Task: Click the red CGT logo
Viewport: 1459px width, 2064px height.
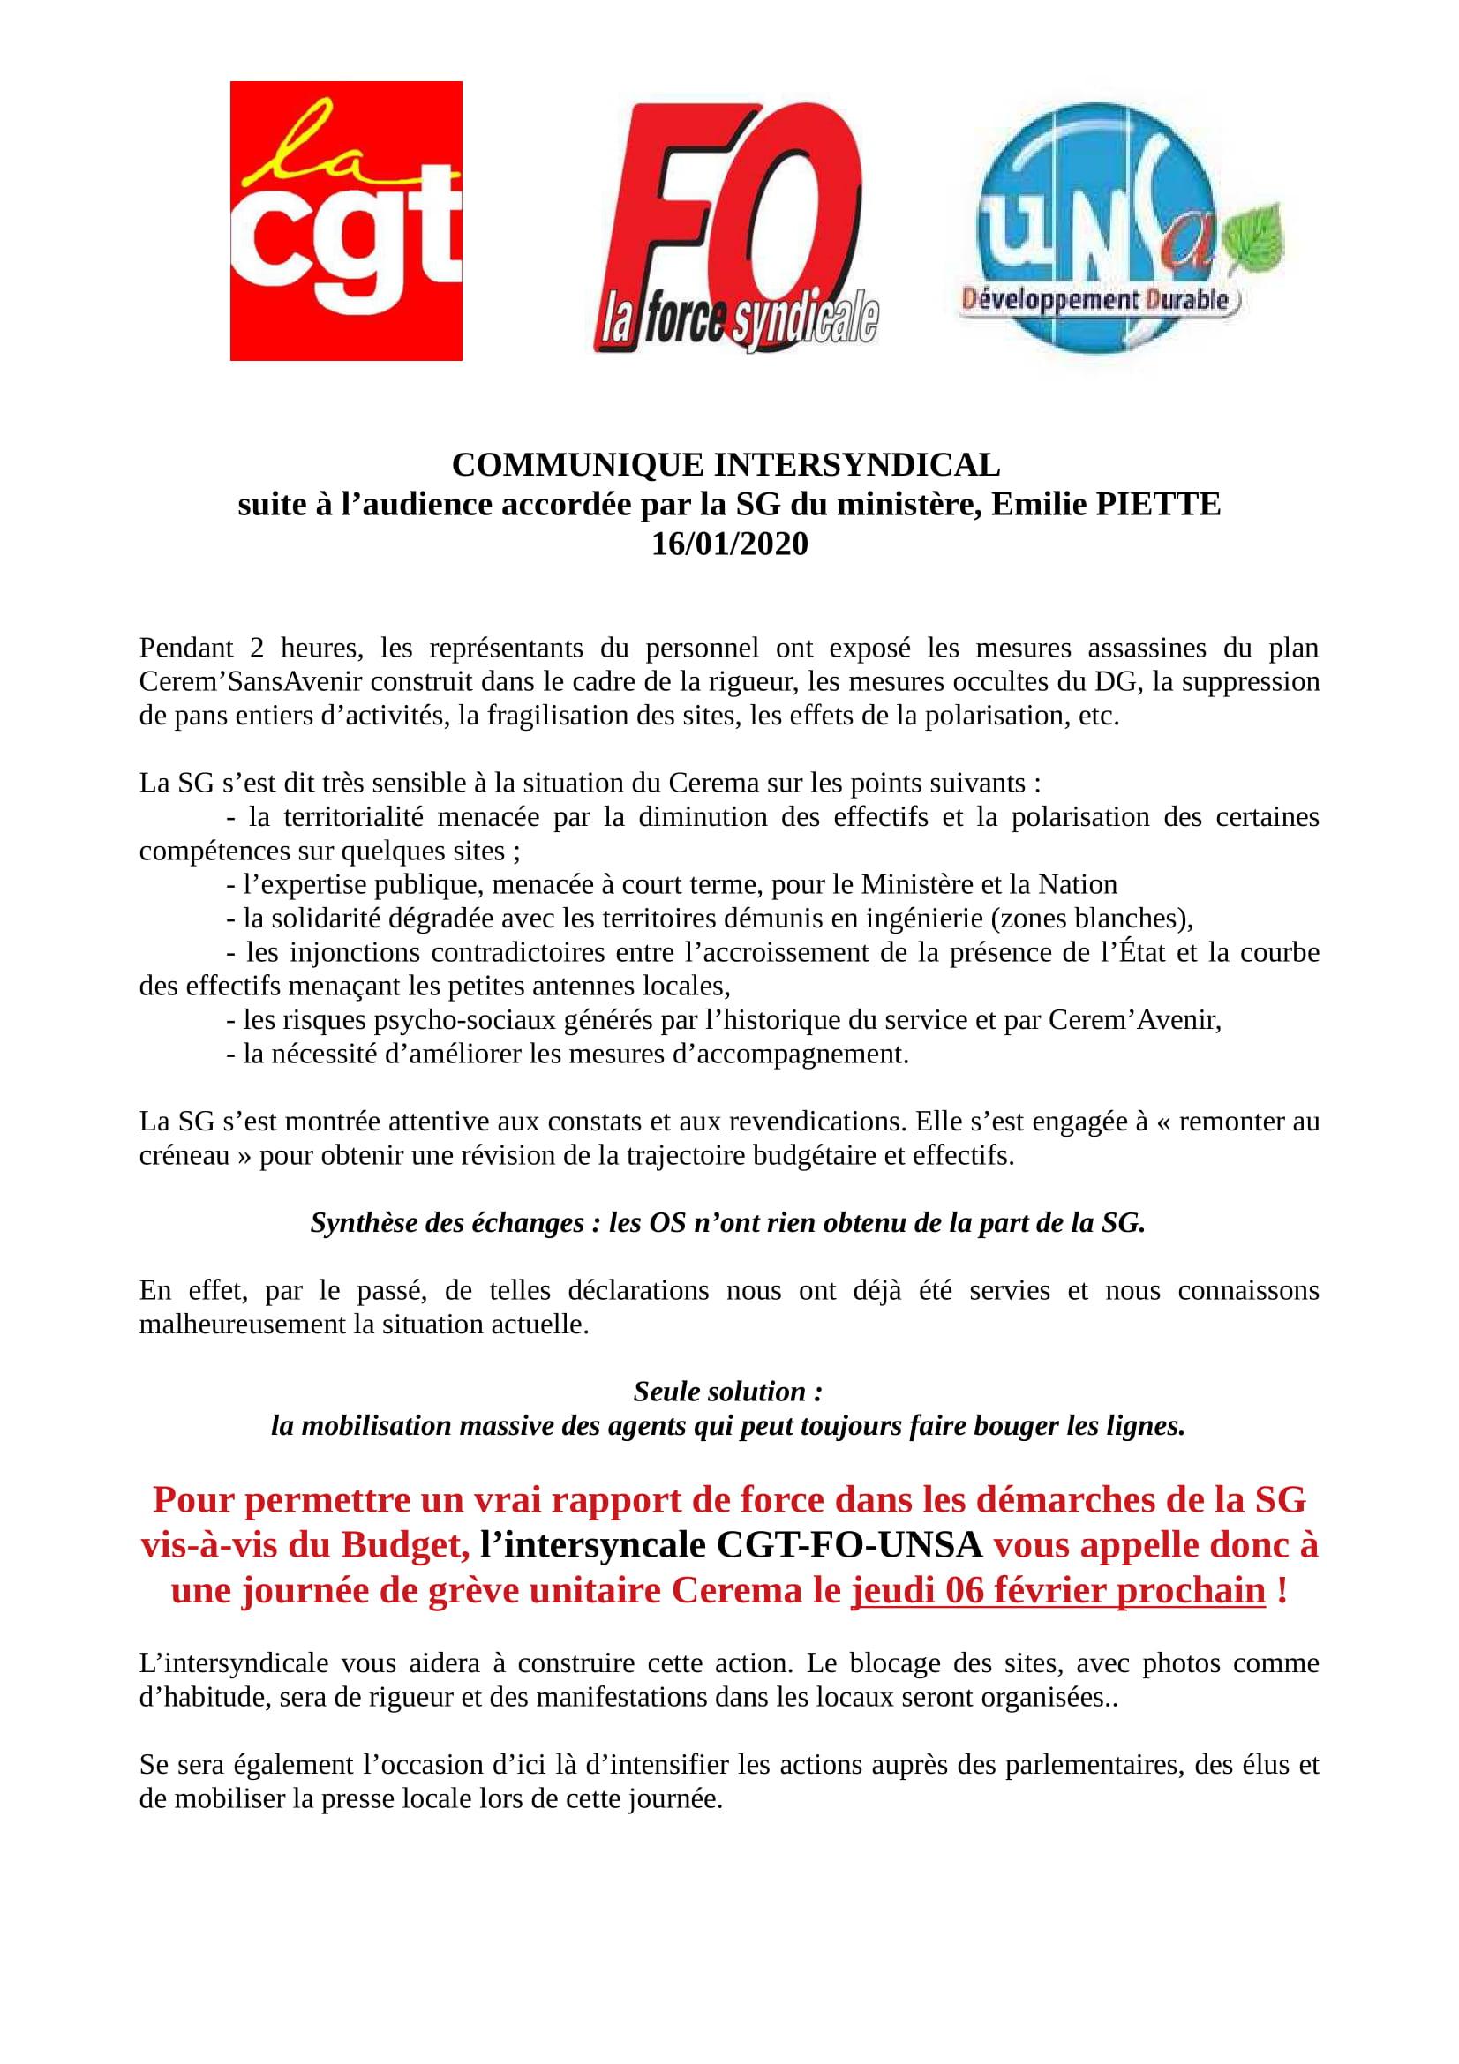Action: tap(346, 221)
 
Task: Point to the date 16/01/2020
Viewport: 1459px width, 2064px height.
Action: tap(729, 544)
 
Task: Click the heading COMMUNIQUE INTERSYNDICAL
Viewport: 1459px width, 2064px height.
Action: tap(726, 466)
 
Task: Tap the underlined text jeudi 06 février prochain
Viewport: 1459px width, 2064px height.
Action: tap(1058, 1591)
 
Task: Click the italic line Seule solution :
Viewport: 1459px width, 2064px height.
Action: tap(728, 1392)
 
